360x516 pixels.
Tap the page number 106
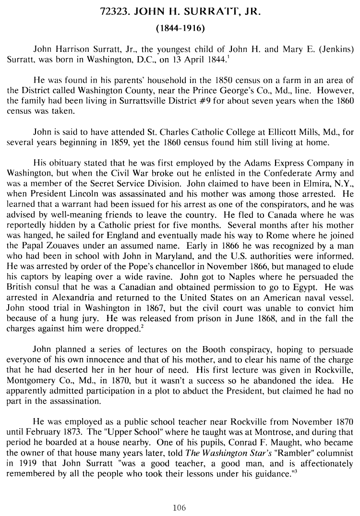coord(180,507)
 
